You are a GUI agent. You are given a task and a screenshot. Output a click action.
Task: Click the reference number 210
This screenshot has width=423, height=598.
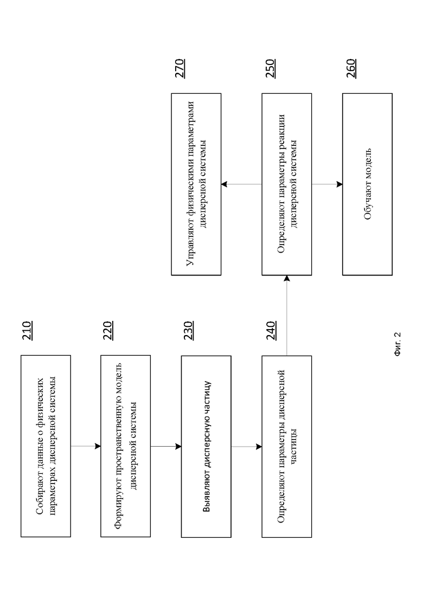[27, 331]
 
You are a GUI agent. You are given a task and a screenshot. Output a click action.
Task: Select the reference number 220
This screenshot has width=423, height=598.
[108, 331]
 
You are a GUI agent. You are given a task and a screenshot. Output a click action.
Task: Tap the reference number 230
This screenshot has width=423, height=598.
[188, 331]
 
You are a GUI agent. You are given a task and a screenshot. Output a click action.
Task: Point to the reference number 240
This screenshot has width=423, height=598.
[271, 331]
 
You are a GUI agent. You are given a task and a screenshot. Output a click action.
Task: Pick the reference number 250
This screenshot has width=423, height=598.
[270, 69]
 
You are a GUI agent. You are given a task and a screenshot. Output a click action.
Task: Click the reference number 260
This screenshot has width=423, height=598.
[351, 69]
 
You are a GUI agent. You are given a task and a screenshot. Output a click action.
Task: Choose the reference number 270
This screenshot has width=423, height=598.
[180, 69]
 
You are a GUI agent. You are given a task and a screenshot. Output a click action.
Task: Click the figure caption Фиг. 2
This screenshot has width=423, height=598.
[397, 344]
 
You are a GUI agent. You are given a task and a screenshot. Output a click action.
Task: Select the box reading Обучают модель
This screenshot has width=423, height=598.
[367, 184]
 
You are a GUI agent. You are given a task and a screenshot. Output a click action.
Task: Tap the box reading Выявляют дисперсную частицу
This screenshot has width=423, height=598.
[206, 447]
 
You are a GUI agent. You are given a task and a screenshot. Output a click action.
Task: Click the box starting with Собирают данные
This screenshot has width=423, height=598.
[46, 446]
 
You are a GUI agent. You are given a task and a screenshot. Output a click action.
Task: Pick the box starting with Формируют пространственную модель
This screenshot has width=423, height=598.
[125, 446]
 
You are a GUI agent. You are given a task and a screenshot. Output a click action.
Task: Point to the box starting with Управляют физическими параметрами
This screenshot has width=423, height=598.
[196, 184]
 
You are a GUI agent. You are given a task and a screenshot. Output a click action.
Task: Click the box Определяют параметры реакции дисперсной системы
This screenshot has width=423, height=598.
[287, 184]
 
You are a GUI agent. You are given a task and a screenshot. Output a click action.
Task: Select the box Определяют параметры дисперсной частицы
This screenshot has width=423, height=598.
[287, 447]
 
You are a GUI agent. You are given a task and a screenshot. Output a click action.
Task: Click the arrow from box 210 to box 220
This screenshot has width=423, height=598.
[86, 446]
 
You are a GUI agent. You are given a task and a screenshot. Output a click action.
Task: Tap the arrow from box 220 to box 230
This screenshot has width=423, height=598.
[166, 446]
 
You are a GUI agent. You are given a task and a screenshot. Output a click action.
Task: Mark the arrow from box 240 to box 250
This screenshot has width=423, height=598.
[287, 316]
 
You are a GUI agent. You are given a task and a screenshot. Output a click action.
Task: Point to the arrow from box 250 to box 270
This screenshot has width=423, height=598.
[241, 184]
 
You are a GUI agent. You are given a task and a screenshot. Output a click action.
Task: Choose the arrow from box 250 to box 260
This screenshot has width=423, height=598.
[327, 184]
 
